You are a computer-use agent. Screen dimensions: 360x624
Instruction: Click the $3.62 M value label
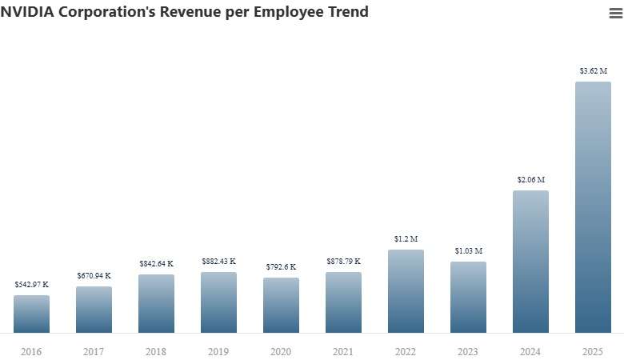tap(593, 71)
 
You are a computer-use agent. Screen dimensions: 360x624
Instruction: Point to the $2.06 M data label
tap(530, 180)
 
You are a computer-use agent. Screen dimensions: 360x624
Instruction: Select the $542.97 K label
tap(31, 284)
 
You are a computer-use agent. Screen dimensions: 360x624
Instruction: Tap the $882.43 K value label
tap(218, 262)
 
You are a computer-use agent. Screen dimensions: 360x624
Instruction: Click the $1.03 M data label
tap(468, 251)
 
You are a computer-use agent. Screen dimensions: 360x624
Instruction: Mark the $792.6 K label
tap(281, 266)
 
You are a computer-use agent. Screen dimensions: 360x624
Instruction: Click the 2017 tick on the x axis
tap(94, 351)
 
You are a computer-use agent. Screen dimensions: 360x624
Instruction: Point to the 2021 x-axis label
tap(343, 351)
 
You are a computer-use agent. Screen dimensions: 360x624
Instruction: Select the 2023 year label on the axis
tap(468, 351)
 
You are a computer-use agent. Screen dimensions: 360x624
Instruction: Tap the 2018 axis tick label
tap(156, 351)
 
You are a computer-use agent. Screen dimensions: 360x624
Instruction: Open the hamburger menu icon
tap(615, 13)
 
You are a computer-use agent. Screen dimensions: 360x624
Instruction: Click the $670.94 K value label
tap(94, 275)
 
